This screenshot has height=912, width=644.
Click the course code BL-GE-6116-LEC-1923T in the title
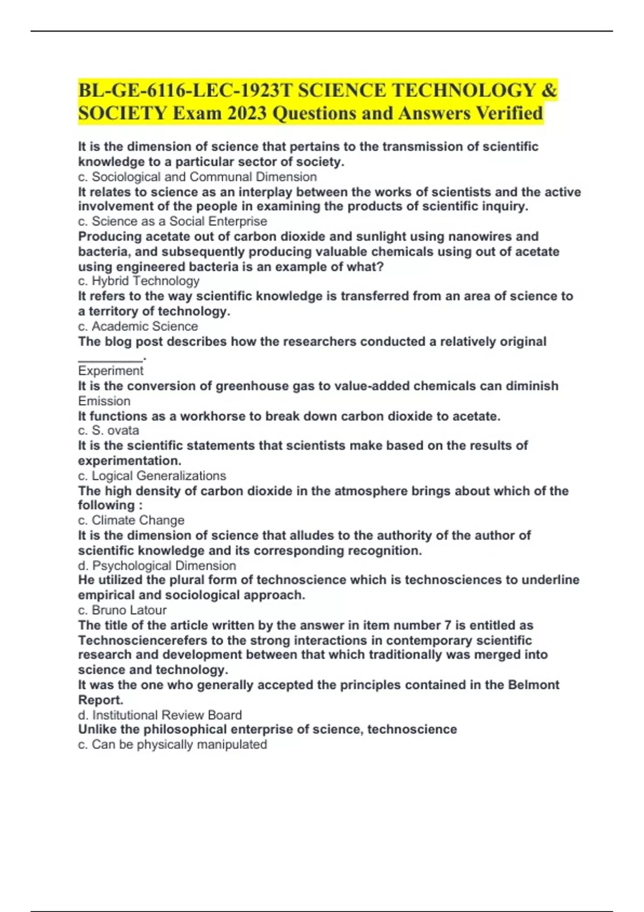pos(185,91)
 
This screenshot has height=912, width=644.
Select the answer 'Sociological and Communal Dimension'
pos(204,177)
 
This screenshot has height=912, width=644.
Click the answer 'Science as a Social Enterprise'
pos(179,222)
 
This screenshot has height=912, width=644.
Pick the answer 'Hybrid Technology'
pos(145,281)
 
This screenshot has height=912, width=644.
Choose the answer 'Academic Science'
pos(144,327)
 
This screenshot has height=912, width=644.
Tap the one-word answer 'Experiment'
pos(111,371)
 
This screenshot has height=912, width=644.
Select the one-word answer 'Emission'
pos(104,401)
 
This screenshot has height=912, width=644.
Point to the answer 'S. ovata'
pos(115,431)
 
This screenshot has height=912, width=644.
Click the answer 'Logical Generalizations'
pos(159,476)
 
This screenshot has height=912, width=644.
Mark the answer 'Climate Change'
pos(138,520)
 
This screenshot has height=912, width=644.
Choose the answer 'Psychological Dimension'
pos(164,566)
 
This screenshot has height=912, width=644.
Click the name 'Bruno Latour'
pos(129,611)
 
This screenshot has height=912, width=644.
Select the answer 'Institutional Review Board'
pos(167,715)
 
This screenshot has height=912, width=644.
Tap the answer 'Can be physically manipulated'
pos(179,745)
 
